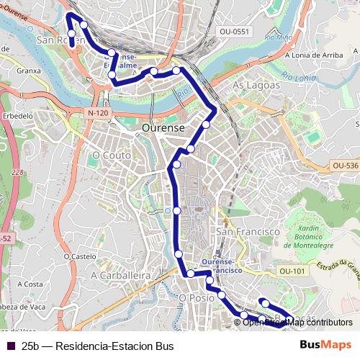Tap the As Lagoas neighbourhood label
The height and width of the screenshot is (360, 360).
pyautogui.click(x=254, y=85)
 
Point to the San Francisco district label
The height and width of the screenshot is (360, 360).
pyautogui.click(x=248, y=232)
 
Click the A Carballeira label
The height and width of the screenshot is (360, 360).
pyautogui.click(x=120, y=275)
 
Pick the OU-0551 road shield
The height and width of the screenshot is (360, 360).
pyautogui.click(x=234, y=31)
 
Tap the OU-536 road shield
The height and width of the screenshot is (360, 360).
pyautogui.click(x=346, y=166)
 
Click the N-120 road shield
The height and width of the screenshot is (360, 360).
pyautogui.click(x=97, y=113)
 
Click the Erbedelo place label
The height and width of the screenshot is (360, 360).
pyautogui.click(x=18, y=115)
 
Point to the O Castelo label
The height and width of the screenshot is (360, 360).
pyautogui.click(x=79, y=256)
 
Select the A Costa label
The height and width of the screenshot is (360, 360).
pyautogui.click(x=32, y=284)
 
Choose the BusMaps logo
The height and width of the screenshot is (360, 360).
pyautogui.click(x=327, y=346)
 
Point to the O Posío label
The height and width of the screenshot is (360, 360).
pyautogui.click(x=197, y=297)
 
